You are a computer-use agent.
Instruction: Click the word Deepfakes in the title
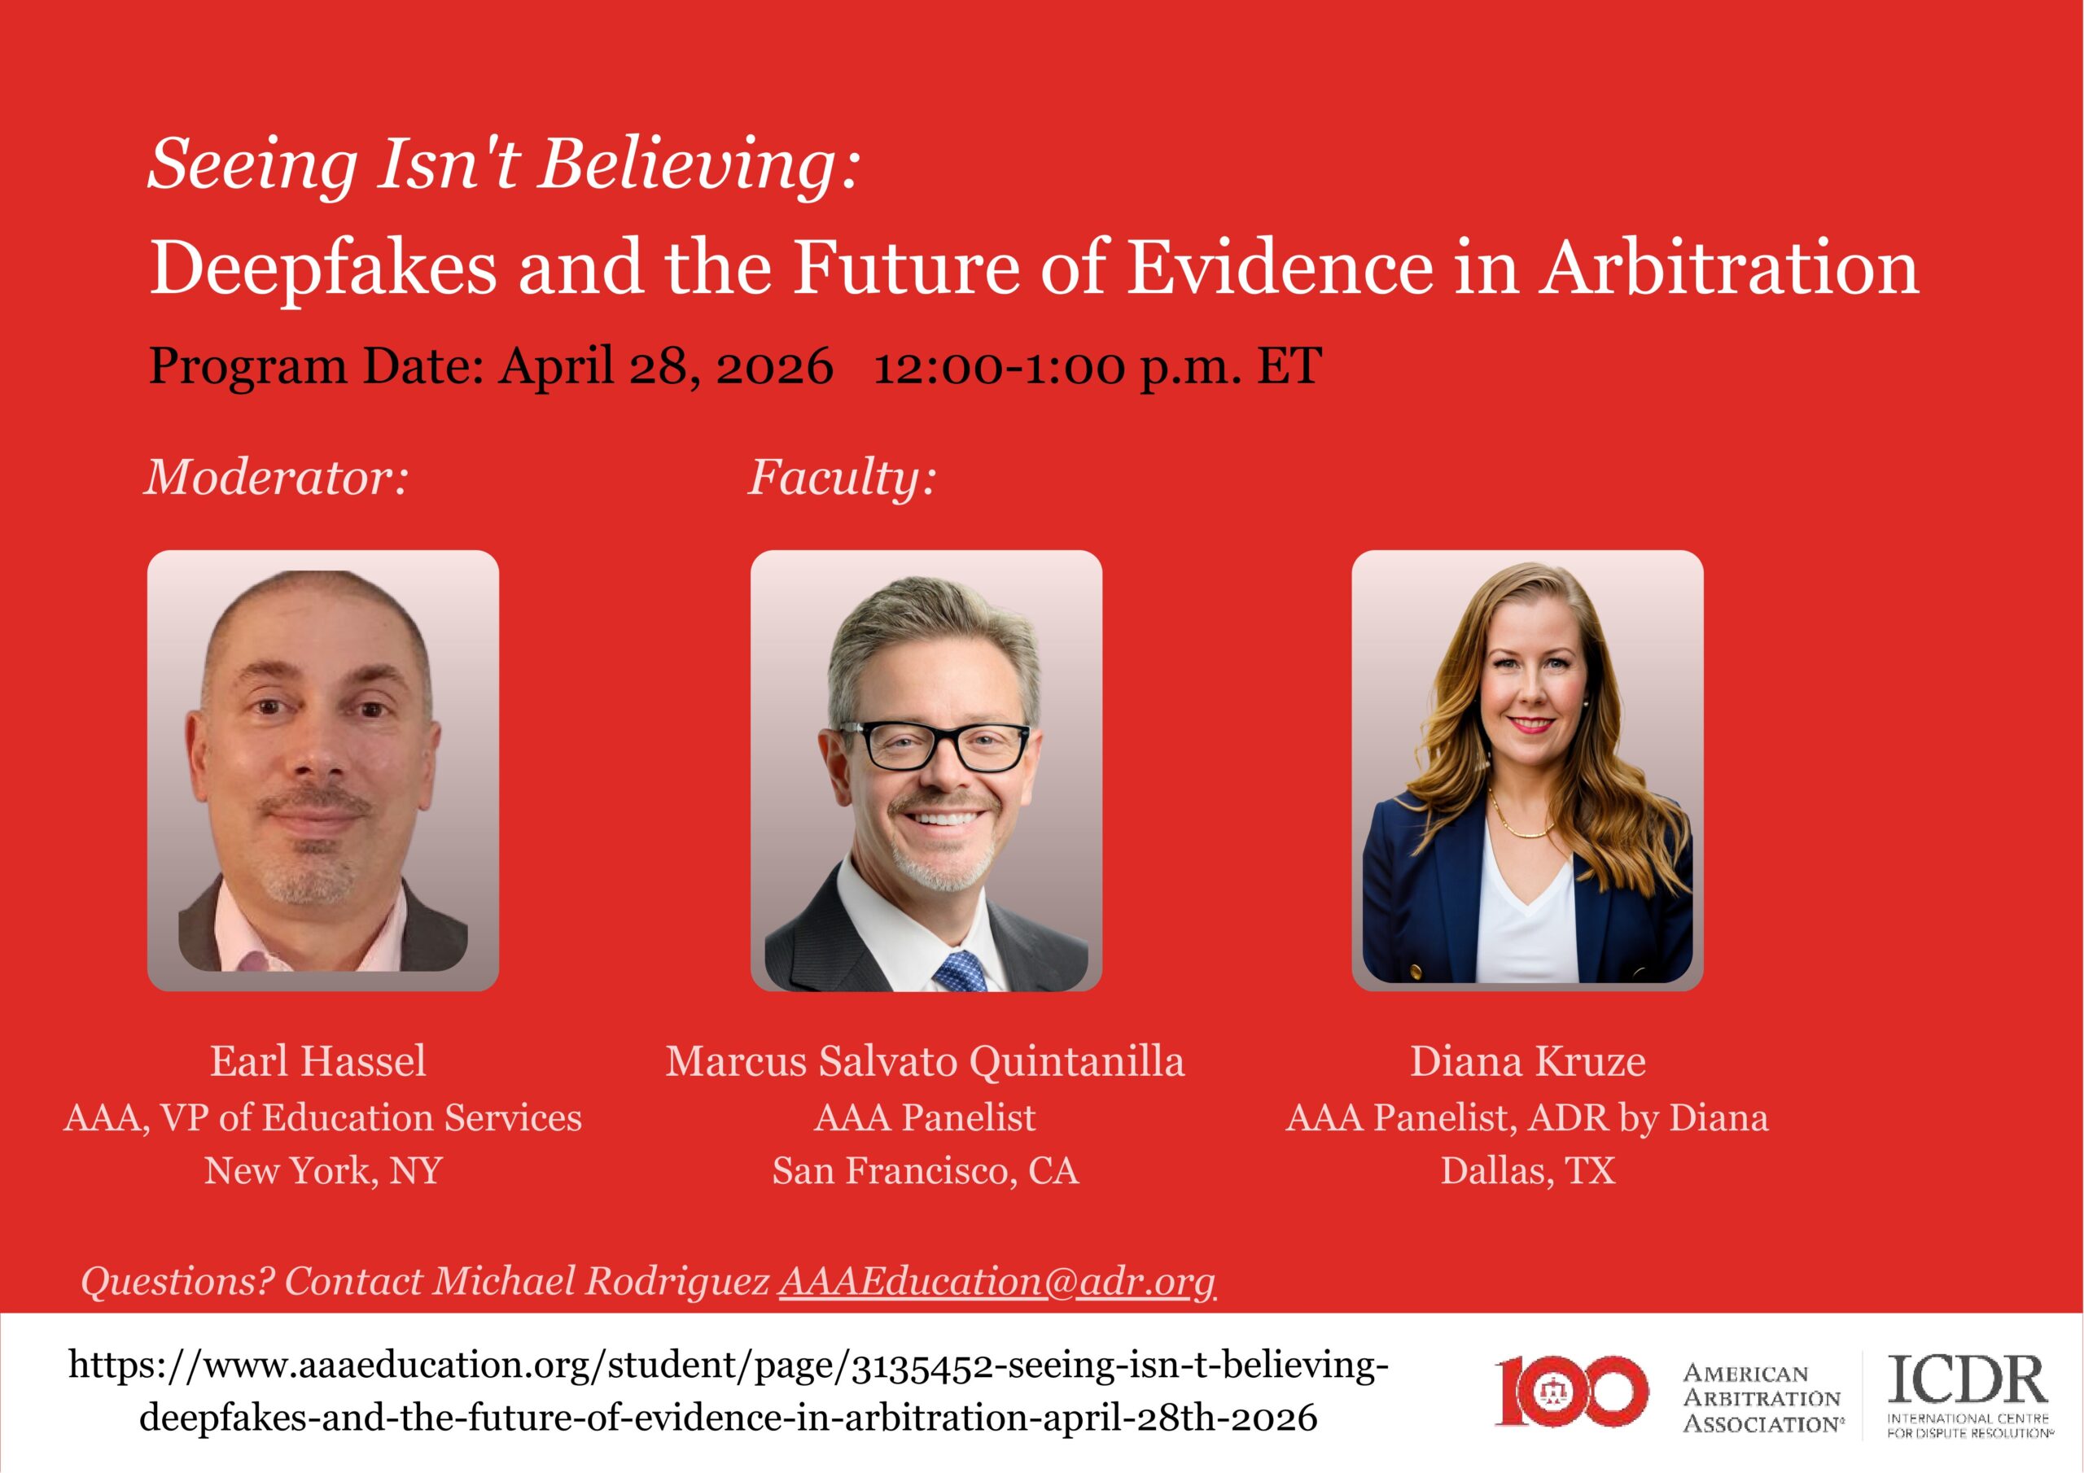(x=322, y=269)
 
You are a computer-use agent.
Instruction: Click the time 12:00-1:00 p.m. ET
(x=1097, y=367)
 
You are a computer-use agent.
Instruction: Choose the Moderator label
(x=277, y=478)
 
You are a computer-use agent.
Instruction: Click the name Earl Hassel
(x=318, y=1061)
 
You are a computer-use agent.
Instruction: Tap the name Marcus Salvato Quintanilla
(x=925, y=1061)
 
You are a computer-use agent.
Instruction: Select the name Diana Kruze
(x=1528, y=1061)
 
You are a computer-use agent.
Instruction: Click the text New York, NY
(x=323, y=1171)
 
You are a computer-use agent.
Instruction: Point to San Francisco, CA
(x=926, y=1171)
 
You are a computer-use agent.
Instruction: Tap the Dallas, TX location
(x=1529, y=1171)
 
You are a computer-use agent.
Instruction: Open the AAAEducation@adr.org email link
(x=997, y=1282)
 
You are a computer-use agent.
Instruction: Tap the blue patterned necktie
(x=961, y=970)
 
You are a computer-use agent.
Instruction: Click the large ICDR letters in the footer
(x=1968, y=1379)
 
